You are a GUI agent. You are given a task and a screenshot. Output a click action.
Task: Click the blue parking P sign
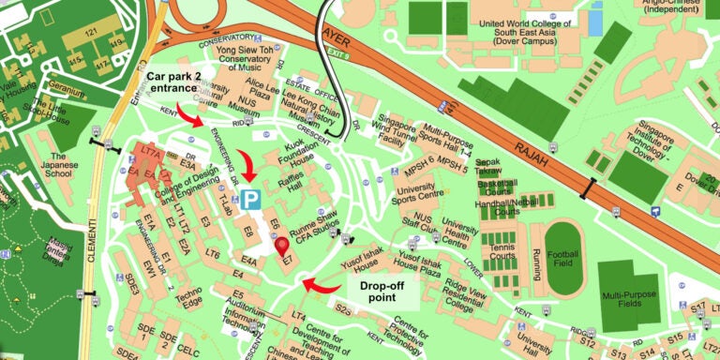click(250, 199)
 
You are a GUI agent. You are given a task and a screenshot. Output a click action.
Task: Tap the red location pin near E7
click(282, 247)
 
